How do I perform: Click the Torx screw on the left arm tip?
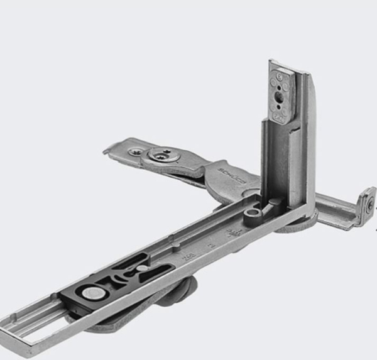click(136, 151)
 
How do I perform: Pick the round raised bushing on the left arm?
click(163, 154)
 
